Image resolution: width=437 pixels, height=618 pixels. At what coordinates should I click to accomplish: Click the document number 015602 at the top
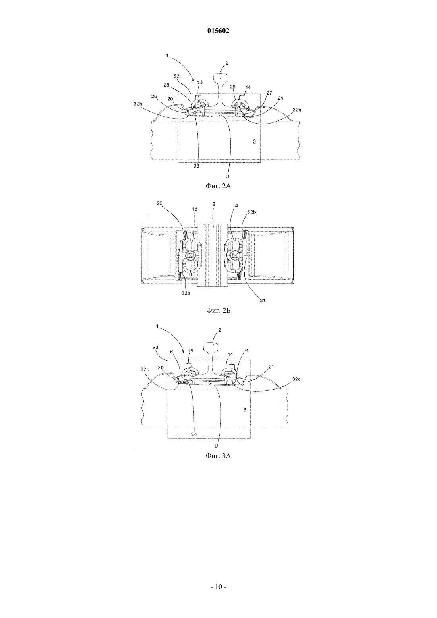tap(218, 31)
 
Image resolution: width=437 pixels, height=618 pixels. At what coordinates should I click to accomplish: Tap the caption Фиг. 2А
tap(218, 186)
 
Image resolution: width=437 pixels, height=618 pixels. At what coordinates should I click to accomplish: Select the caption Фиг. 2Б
tap(218, 310)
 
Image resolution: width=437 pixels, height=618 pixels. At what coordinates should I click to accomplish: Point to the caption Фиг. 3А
tap(218, 456)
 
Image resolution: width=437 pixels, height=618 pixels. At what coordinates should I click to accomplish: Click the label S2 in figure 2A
tap(176, 75)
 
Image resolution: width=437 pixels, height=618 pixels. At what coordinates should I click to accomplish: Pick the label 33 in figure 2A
tap(196, 166)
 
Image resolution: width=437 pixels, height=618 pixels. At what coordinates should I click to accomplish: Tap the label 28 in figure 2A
tap(166, 85)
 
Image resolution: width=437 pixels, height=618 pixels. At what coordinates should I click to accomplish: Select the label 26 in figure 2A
tap(154, 96)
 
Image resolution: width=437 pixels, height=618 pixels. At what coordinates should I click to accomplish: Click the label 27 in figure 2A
tap(269, 93)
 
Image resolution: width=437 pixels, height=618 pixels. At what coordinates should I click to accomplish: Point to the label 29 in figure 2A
tap(233, 87)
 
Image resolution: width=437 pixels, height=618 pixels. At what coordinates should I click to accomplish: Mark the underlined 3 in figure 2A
tap(254, 142)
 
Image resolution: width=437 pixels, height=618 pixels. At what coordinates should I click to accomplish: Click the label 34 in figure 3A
tap(194, 434)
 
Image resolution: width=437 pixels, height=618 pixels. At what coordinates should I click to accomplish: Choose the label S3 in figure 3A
tap(156, 348)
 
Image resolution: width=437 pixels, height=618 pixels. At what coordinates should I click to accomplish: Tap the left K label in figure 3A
tap(171, 352)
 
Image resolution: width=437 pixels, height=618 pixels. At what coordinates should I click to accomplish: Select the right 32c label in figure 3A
tap(296, 379)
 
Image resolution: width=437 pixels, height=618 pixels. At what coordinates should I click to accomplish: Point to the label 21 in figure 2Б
tap(262, 300)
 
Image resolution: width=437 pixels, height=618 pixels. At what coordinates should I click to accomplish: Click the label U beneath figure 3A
tap(216, 446)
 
